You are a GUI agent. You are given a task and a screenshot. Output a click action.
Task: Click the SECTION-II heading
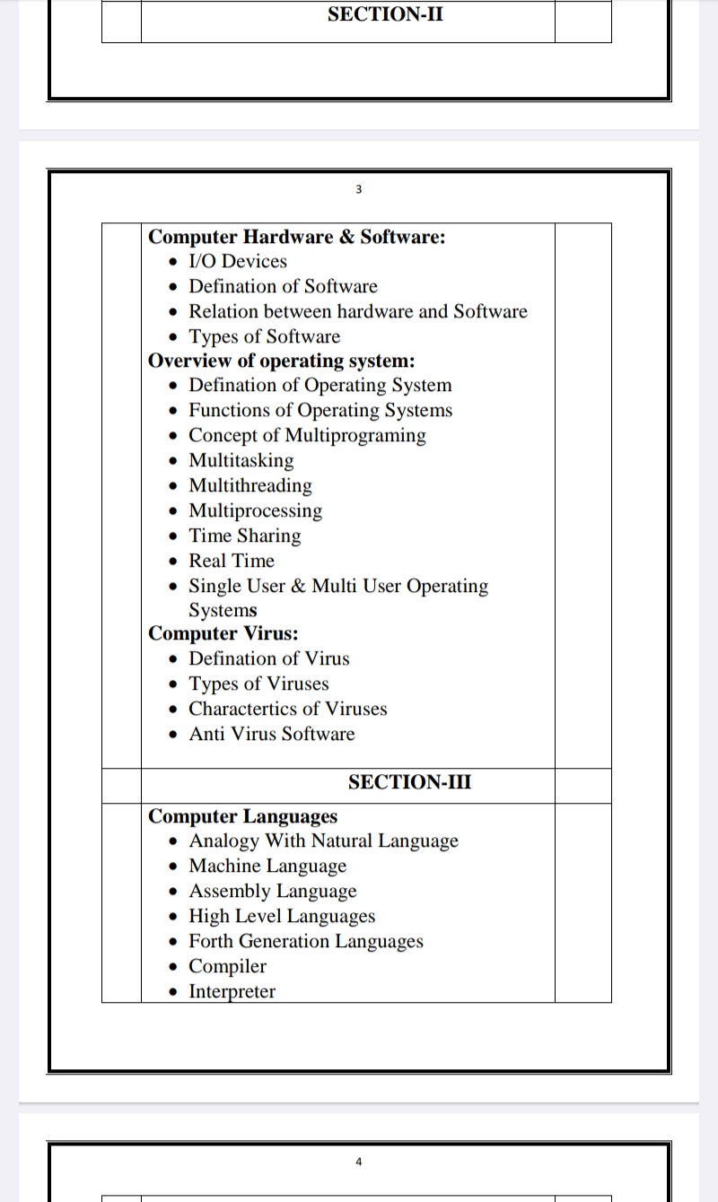tap(385, 14)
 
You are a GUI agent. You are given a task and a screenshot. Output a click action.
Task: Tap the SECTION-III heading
tap(409, 782)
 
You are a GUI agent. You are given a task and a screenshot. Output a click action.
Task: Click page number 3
tap(358, 189)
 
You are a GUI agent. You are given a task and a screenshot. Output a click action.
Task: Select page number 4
tap(358, 1162)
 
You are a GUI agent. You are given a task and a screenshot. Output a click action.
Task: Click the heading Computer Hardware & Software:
tap(296, 237)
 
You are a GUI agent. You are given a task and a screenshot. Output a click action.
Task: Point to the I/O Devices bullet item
tap(238, 262)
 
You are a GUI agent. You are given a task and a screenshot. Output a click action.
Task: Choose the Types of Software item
tap(265, 337)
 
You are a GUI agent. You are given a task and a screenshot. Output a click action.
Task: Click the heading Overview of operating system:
tap(281, 361)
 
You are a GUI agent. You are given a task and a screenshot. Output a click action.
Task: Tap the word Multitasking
tap(241, 461)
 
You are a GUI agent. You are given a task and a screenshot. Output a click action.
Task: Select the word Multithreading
tap(250, 486)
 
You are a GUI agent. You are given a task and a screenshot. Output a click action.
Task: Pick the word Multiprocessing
tap(255, 511)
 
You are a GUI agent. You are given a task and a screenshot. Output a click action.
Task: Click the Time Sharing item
tap(245, 536)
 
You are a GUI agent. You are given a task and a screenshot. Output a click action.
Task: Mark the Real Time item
tap(232, 562)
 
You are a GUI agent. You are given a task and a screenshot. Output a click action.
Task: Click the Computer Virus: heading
tap(223, 634)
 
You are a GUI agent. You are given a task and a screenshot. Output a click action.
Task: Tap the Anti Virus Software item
tap(272, 735)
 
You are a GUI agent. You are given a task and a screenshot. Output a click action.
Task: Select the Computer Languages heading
tap(242, 816)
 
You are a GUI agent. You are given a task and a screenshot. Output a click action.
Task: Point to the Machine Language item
tap(267, 867)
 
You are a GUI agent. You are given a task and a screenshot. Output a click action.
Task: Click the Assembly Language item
tap(273, 892)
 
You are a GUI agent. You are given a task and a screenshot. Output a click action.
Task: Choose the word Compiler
tap(227, 967)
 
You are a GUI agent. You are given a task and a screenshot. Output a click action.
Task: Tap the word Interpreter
tap(232, 992)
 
